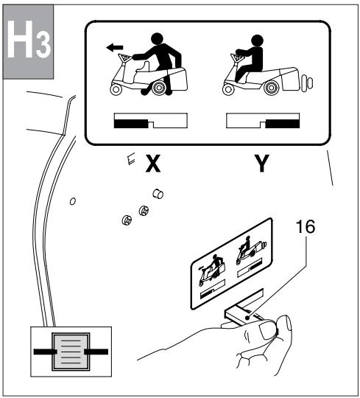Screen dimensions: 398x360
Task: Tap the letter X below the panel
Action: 152,164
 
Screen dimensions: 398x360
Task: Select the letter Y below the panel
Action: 260,164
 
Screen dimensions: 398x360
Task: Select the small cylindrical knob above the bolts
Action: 156,194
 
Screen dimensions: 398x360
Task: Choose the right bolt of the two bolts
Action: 144,214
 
